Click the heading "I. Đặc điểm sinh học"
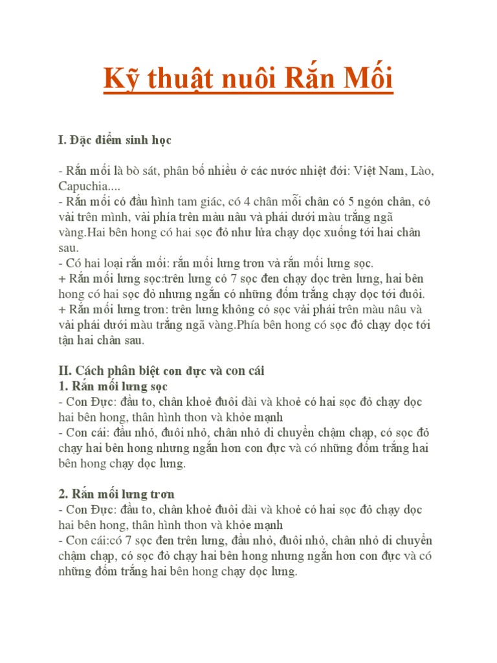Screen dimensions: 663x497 (115, 140)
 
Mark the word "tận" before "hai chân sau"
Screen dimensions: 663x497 (67, 341)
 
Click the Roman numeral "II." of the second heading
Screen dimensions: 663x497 (65, 372)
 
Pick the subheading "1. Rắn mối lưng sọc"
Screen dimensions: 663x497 (113, 387)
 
